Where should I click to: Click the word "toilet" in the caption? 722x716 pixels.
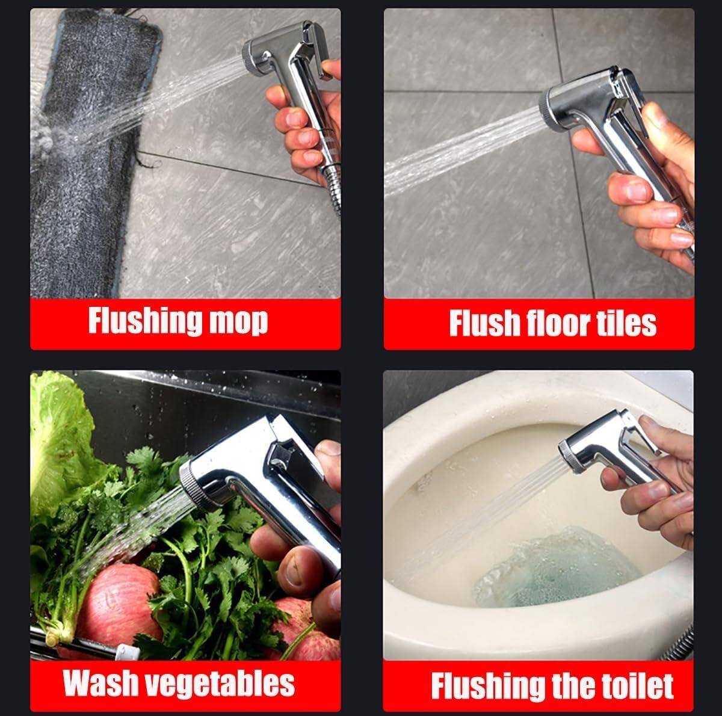(x=641, y=686)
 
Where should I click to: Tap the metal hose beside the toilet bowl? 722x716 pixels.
(x=678, y=645)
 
